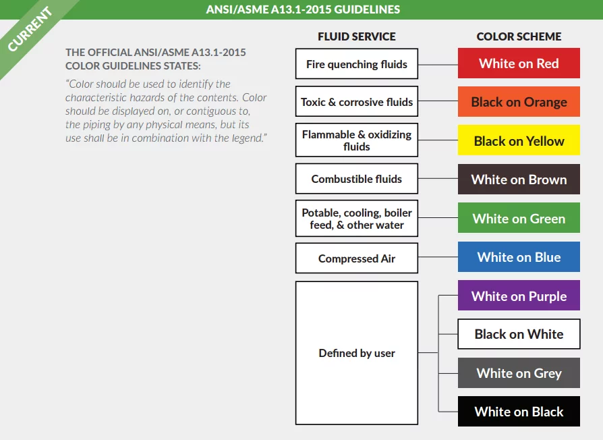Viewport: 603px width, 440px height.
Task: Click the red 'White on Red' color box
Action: pos(519,63)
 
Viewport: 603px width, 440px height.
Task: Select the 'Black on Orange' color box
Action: pos(519,102)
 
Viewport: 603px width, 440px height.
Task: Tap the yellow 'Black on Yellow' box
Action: pos(519,141)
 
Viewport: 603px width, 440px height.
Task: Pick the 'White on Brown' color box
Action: pos(519,180)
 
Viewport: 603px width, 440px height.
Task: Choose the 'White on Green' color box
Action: pos(519,219)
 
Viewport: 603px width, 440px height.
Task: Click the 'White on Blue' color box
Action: pos(519,257)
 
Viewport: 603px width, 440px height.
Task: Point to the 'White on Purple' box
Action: pos(519,296)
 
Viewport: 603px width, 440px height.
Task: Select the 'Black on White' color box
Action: pos(519,334)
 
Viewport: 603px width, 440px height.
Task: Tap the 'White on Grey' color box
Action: pos(519,373)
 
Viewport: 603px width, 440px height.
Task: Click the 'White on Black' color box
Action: pos(519,412)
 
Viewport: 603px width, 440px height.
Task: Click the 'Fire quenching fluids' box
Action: pos(357,64)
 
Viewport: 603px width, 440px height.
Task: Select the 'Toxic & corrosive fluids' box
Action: pos(357,102)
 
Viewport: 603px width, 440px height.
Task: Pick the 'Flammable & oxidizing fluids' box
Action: pos(357,140)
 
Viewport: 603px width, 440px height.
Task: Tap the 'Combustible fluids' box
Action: pos(357,179)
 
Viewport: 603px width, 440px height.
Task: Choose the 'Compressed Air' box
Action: pos(357,258)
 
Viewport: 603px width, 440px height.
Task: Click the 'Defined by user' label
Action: pos(357,353)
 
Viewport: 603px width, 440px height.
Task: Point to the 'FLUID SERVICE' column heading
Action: pos(357,36)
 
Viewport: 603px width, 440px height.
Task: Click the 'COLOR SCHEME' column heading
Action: pos(519,36)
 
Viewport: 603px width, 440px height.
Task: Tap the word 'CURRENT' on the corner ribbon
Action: pos(30,30)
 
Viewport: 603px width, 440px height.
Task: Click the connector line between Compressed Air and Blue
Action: pos(438,258)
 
